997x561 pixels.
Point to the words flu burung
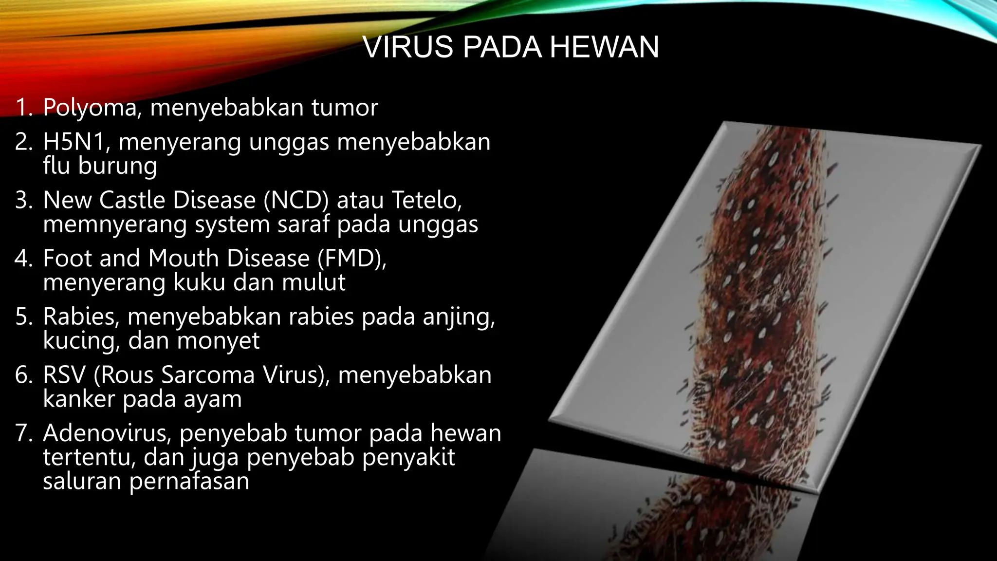(100, 166)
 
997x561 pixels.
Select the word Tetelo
(425, 200)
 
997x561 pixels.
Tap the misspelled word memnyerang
(115, 224)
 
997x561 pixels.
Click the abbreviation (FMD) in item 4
(351, 258)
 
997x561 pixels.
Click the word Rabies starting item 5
(80, 317)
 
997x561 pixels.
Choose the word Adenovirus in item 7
(106, 433)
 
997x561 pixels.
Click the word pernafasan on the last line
(189, 481)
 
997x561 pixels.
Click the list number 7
(22, 433)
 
